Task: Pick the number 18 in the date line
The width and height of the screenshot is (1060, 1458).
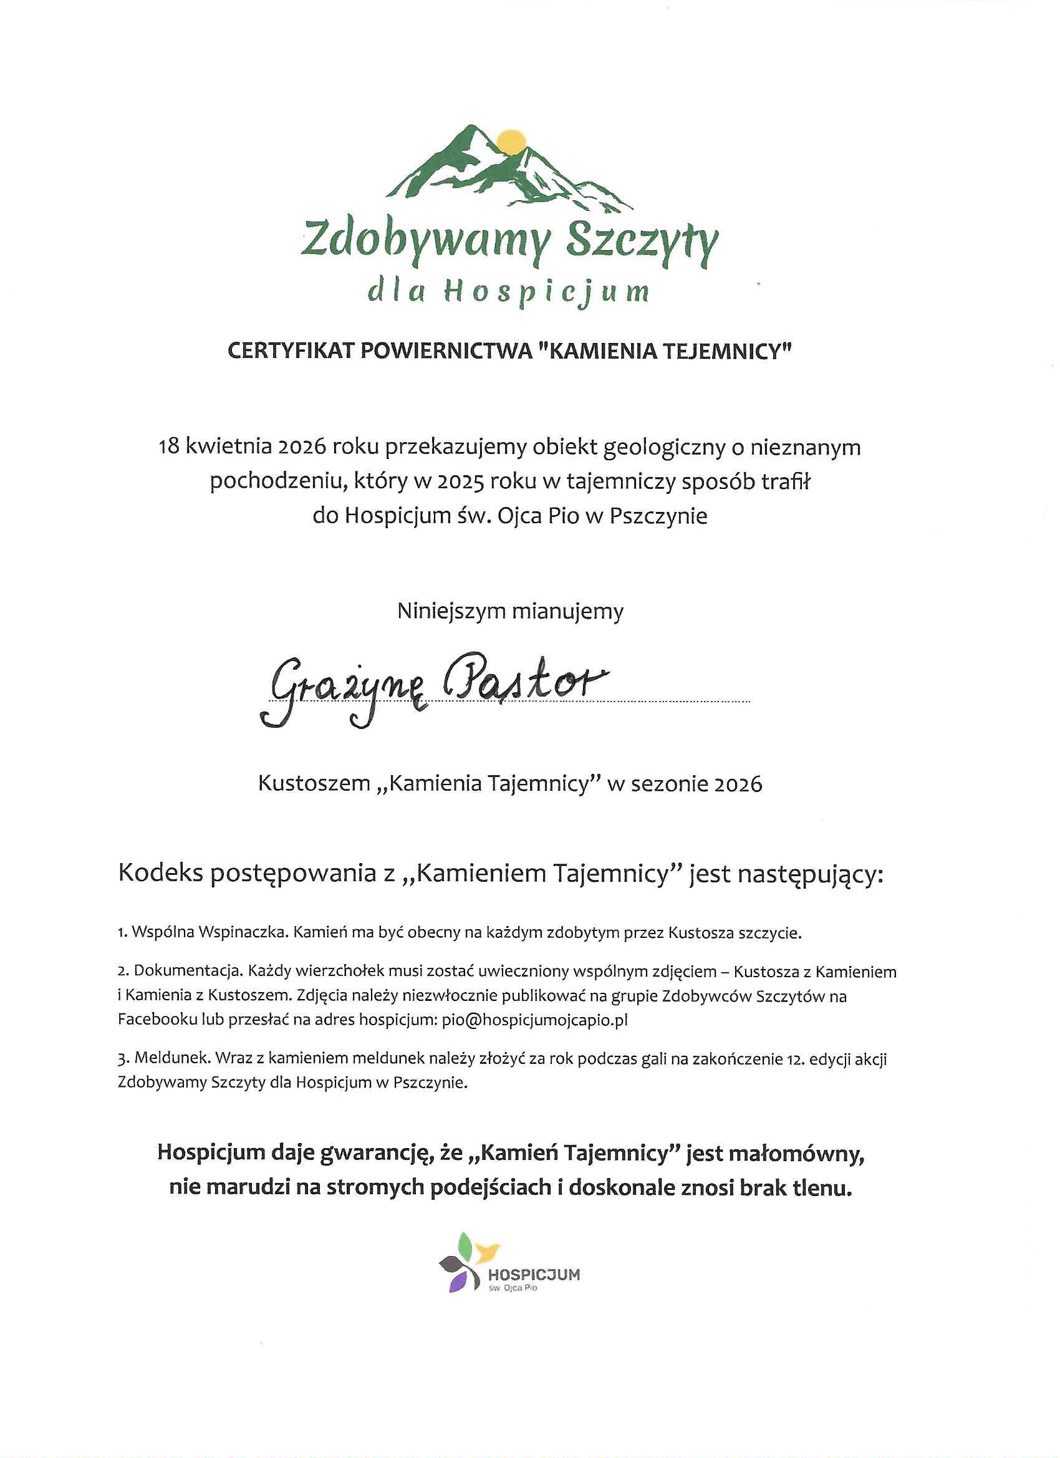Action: (170, 447)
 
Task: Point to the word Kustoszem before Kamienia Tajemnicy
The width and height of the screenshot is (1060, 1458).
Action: (314, 784)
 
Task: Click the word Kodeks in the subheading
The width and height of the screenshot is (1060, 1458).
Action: (160, 874)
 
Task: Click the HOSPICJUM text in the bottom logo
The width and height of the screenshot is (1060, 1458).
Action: (534, 1275)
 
